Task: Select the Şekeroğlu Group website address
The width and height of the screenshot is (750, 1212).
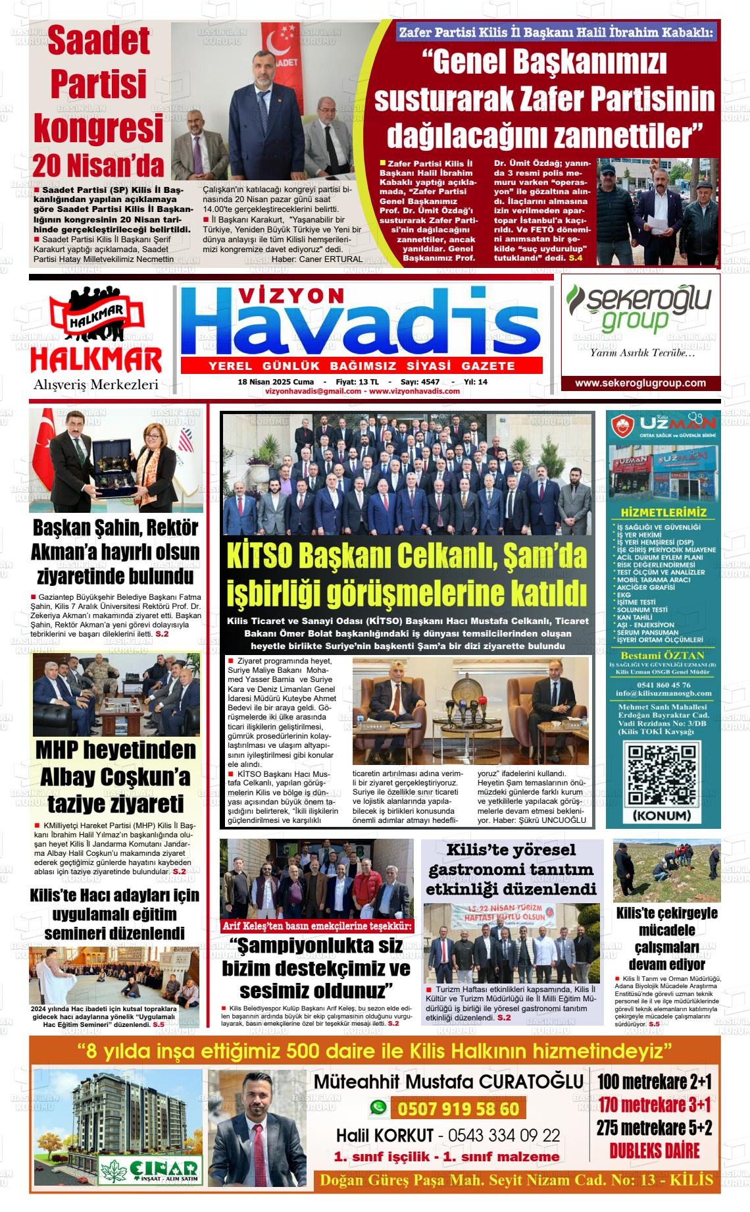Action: (x=640, y=383)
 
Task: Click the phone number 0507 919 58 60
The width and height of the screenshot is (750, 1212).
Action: (x=458, y=1109)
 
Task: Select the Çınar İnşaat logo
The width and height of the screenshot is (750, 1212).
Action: (x=151, y=1169)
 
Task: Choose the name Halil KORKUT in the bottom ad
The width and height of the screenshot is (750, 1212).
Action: (x=385, y=1136)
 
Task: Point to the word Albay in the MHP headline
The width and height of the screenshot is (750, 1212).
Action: (x=72, y=777)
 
